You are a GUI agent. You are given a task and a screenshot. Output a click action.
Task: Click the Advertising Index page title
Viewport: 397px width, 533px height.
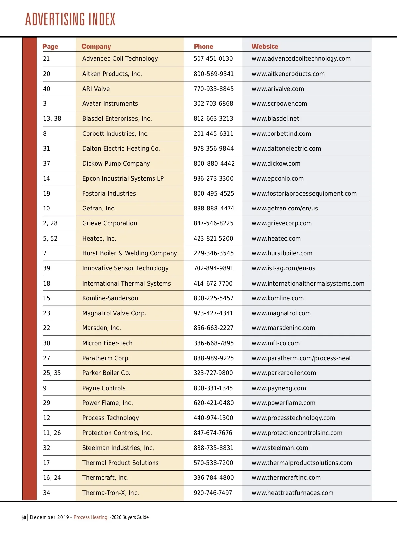click(x=70, y=19)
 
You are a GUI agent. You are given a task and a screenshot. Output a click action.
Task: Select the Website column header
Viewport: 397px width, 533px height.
click(x=265, y=47)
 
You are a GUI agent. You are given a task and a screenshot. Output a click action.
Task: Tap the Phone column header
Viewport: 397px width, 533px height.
click(x=203, y=47)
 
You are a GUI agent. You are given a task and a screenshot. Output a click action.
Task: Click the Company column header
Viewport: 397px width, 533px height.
click(x=96, y=47)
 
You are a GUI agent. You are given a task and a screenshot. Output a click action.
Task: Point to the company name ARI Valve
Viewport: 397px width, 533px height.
click(x=96, y=89)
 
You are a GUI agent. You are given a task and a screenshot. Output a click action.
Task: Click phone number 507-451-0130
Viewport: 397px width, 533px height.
click(x=213, y=59)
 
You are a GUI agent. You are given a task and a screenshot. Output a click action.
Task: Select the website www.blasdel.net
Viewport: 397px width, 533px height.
click(x=275, y=119)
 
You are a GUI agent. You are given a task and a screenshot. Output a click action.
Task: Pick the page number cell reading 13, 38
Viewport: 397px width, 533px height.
click(x=52, y=119)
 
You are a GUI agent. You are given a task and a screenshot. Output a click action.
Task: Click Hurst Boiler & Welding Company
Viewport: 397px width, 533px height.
click(x=129, y=253)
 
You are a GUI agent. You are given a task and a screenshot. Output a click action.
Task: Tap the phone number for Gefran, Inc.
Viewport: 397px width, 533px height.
click(x=214, y=209)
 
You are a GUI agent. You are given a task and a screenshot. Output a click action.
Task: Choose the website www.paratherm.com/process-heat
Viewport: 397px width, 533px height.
click(x=301, y=358)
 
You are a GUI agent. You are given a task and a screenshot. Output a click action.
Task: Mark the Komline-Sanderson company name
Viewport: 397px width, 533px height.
click(x=110, y=298)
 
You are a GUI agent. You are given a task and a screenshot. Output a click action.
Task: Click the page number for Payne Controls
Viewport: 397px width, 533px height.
click(x=45, y=388)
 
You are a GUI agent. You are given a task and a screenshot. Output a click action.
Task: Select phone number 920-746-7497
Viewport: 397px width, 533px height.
click(x=213, y=493)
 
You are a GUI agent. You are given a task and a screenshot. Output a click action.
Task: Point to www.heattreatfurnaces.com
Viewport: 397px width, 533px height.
click(x=292, y=493)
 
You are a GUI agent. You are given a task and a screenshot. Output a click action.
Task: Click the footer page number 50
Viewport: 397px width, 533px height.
click(x=24, y=518)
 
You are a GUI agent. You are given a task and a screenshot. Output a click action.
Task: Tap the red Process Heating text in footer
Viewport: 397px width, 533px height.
click(x=90, y=517)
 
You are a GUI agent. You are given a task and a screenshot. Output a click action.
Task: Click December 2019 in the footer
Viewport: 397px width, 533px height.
click(x=50, y=517)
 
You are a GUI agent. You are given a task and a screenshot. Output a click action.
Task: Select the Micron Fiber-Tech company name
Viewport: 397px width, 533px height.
click(x=107, y=343)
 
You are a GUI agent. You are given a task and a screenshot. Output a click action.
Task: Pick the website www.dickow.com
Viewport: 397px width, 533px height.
click(x=276, y=164)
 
